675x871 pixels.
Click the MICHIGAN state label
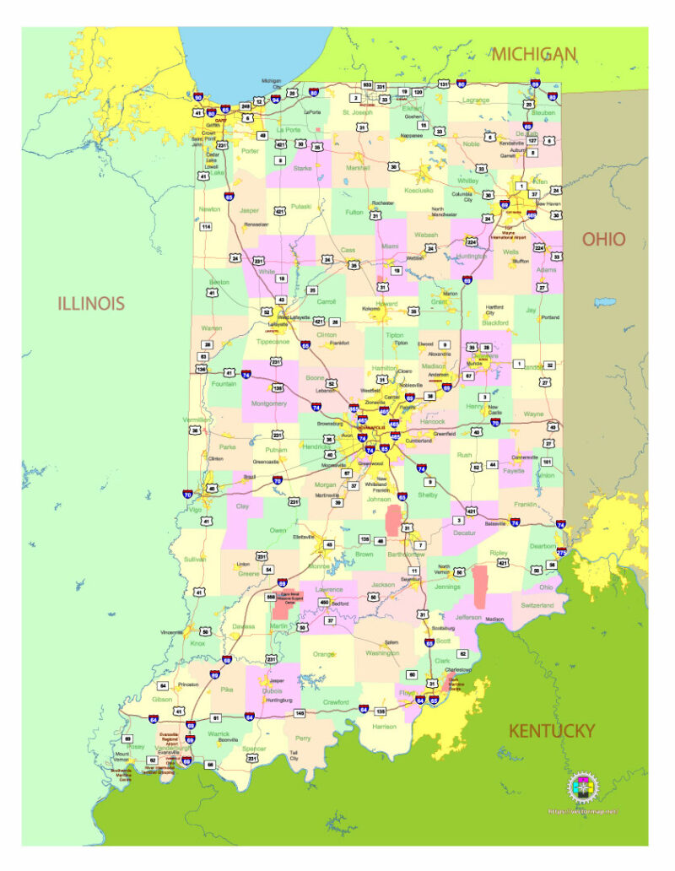click(x=535, y=54)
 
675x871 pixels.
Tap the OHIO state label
click(x=604, y=239)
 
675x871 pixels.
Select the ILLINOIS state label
click(x=91, y=303)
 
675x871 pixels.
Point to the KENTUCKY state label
click(x=551, y=731)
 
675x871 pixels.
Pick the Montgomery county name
click(x=270, y=403)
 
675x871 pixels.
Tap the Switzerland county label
click(x=537, y=605)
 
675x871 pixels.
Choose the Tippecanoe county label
click(x=272, y=342)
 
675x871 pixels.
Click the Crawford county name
click(x=336, y=701)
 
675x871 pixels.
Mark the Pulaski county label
click(x=301, y=207)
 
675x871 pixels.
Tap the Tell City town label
click(x=294, y=755)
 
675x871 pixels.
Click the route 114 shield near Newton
click(x=205, y=227)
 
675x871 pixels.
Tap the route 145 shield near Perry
click(x=300, y=713)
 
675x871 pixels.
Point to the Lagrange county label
click(x=476, y=100)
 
